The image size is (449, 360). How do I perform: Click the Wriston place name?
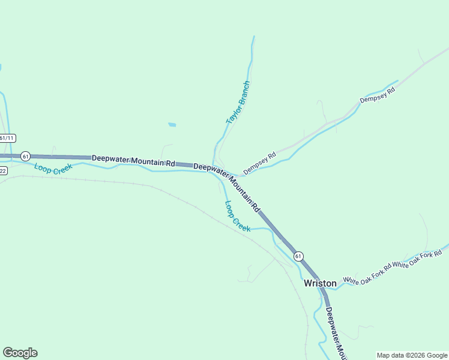click(320, 283)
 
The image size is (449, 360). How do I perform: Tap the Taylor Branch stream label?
click(237, 103)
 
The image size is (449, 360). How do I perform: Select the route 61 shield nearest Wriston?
click(298, 256)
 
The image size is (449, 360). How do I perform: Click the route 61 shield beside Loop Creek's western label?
click(25, 156)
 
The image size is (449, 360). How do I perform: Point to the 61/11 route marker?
click(6, 138)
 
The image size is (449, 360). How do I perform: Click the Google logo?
click(20, 353)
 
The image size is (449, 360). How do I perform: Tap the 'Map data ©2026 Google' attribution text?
click(411, 355)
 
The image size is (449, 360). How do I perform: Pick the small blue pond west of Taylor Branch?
click(172, 125)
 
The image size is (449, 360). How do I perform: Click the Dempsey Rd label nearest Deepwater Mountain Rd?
click(259, 163)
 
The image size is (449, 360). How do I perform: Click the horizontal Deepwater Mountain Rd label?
click(133, 160)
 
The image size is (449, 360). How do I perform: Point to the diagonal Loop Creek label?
click(238, 217)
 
